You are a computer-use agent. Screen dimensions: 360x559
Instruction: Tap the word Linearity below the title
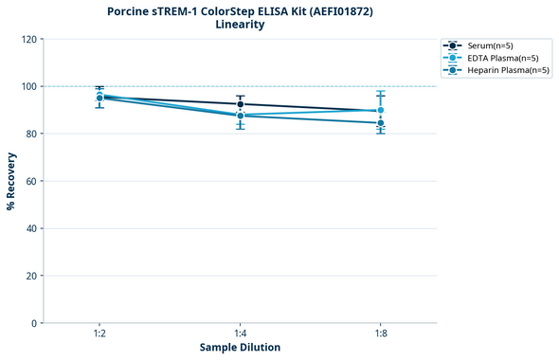[x=240, y=25]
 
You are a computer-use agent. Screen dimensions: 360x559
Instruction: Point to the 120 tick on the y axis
[x=28, y=39]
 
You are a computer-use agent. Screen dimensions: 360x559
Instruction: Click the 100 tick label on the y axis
[x=28, y=86]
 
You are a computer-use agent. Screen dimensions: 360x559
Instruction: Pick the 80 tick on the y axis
[x=31, y=134]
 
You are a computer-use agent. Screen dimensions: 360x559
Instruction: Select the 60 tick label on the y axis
[x=31, y=181]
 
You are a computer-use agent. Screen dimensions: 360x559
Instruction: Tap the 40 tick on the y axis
[x=31, y=228]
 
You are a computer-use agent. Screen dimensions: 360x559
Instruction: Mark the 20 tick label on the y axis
[x=31, y=276]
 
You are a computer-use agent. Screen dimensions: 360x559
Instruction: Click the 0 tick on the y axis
[x=34, y=323]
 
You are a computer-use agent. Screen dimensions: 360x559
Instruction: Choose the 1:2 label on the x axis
[x=99, y=333]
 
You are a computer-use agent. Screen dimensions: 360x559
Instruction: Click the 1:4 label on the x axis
[x=240, y=333]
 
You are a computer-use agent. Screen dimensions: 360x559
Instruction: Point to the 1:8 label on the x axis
[x=380, y=333]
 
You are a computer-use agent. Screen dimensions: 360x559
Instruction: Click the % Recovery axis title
[x=11, y=181]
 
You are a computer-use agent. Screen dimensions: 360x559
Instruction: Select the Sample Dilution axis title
[x=240, y=348]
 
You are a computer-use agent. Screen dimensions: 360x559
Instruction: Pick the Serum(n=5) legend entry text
[x=491, y=45]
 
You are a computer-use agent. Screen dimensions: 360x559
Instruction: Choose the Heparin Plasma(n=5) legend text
[x=509, y=70]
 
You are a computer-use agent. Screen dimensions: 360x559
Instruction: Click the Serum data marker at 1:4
[x=240, y=104]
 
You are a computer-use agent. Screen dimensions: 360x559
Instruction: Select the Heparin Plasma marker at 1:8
[x=380, y=122]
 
